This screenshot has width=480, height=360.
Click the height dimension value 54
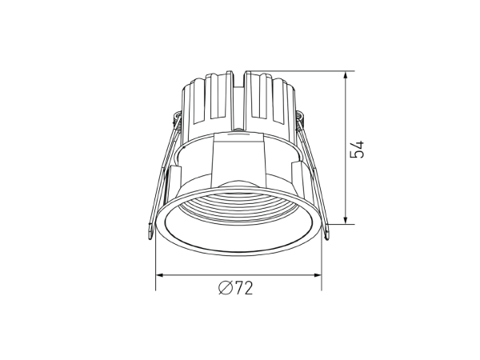358,149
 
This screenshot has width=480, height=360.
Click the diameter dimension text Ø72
236,288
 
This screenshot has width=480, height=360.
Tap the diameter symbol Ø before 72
225,288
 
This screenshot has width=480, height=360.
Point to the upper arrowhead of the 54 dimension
346,76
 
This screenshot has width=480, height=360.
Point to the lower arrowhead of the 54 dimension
346,220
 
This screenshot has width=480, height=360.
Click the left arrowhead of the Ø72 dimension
161,275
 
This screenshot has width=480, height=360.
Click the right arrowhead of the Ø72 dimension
317,275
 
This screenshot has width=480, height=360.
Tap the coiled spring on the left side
177,120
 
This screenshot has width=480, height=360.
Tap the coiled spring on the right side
300,120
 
